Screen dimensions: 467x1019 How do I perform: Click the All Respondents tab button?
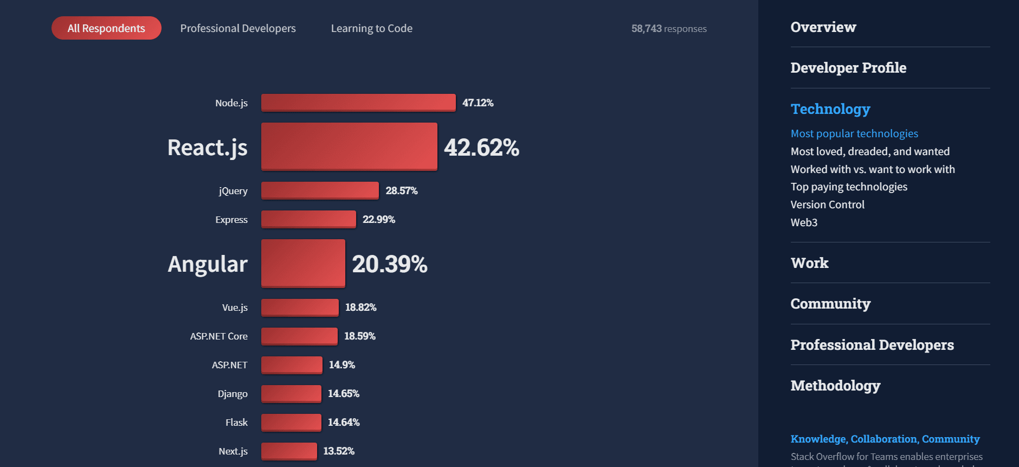click(106, 28)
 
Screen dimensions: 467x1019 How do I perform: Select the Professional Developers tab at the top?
click(238, 28)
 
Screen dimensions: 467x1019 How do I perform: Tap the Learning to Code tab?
click(372, 28)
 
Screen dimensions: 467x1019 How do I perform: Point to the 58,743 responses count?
click(669, 29)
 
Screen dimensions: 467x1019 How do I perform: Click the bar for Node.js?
click(358, 103)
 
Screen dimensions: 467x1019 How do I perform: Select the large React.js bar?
click(349, 146)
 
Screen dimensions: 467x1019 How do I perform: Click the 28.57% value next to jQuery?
click(402, 191)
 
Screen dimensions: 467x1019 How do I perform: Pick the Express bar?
click(308, 219)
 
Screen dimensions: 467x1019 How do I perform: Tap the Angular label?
click(208, 264)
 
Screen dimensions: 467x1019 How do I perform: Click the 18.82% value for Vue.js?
click(361, 308)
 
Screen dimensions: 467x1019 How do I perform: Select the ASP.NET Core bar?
click(299, 336)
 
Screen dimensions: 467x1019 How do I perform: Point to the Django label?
click(233, 394)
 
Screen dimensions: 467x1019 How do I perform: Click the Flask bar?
click(291, 423)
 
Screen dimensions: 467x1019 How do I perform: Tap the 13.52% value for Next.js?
click(339, 451)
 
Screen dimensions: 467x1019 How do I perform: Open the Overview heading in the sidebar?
click(823, 27)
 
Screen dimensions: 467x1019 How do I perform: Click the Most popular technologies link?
click(854, 133)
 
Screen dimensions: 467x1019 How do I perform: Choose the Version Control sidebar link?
click(827, 204)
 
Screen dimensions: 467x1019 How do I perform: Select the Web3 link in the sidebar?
click(804, 222)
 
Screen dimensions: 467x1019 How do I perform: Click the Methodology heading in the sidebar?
click(835, 386)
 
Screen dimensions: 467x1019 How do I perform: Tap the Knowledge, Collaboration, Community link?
click(885, 439)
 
